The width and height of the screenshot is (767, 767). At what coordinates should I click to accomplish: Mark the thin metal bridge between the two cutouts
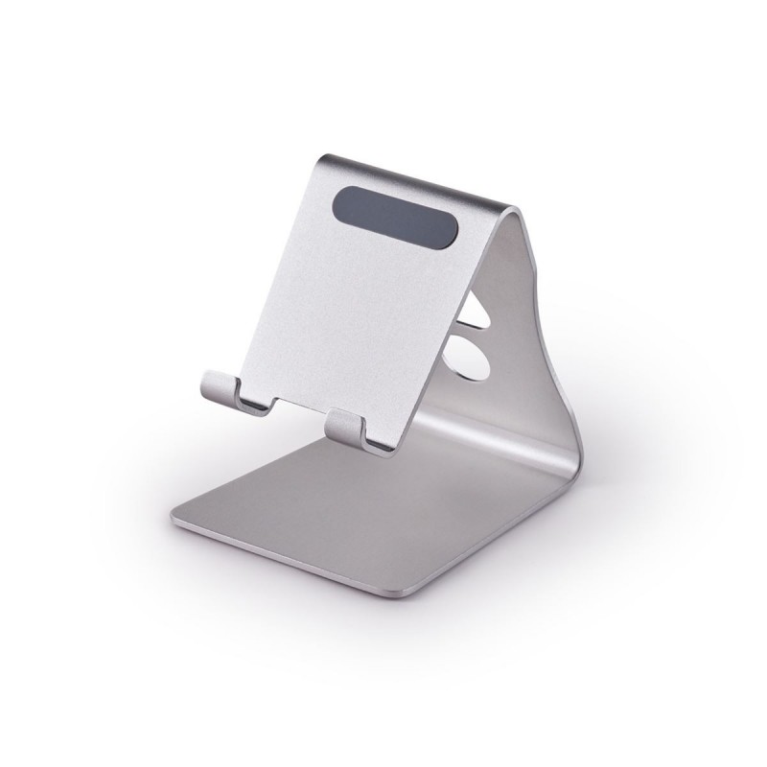[472, 329]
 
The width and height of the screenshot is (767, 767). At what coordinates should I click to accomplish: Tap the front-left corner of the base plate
[176, 520]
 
